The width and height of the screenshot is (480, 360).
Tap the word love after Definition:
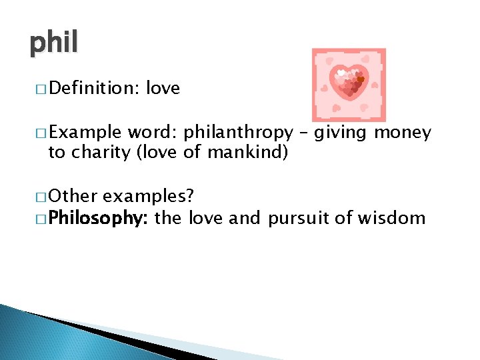coord(163,89)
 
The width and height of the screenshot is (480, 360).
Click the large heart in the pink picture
coord(349,83)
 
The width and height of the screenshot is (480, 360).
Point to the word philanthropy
coord(238,133)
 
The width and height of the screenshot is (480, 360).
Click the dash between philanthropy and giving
coord(303,133)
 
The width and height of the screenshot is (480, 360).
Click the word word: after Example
coord(153,133)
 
